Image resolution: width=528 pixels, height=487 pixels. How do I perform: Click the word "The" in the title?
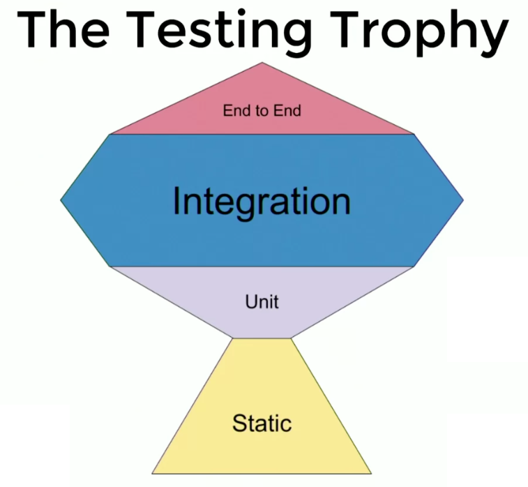pos(63,29)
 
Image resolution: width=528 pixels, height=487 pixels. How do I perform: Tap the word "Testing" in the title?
pos(223,33)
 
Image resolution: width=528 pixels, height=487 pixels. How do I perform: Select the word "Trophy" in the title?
pos(420,33)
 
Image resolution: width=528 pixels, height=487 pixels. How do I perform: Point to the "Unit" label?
pos(262,301)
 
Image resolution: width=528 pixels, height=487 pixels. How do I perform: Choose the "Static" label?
pos(262,423)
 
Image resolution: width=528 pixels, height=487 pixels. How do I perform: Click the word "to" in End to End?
pos(262,111)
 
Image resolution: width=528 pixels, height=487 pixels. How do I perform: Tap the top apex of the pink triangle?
pos(262,62)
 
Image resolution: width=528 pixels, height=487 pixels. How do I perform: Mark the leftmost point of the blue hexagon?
pos(61,200)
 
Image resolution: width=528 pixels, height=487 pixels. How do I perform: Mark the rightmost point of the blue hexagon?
pos(464,200)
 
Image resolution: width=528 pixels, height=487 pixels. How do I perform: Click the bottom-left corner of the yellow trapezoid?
pos(152,474)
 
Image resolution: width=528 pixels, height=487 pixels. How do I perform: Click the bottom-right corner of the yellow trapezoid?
pos(372,474)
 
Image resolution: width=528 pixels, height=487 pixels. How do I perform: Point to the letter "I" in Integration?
pos(176,200)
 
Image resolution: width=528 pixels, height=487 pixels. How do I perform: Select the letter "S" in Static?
pos(239,423)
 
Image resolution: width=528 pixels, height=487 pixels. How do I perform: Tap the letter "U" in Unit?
pos(252,301)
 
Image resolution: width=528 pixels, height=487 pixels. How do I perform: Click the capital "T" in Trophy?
pos(345,29)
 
